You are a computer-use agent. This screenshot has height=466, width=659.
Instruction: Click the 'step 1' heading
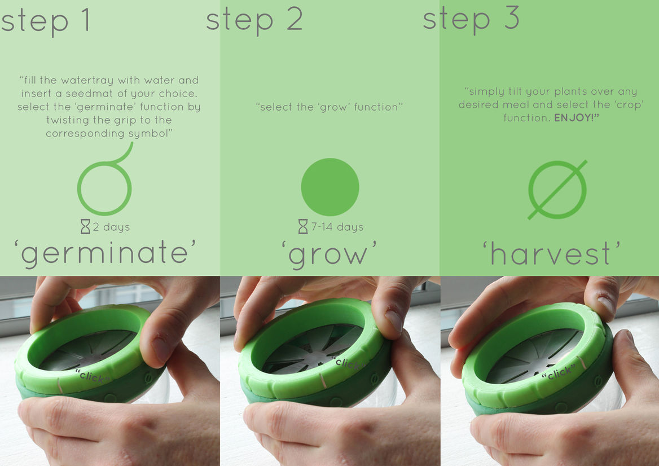coord(45,21)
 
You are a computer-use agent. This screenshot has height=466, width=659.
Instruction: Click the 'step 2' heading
coord(254,20)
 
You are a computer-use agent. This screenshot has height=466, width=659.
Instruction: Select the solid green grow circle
coord(330,187)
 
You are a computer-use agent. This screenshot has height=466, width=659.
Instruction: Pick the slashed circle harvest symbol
coord(557,190)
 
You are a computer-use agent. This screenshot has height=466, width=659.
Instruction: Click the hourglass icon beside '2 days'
coord(85,226)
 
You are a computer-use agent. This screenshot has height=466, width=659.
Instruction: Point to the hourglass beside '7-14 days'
coord(303,226)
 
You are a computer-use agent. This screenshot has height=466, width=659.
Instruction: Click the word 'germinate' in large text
coord(104,253)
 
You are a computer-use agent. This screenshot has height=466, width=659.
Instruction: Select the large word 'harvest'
coord(551,253)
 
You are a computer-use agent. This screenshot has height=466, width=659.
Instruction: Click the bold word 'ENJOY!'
coord(577,118)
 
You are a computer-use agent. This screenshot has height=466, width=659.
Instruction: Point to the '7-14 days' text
coord(337,227)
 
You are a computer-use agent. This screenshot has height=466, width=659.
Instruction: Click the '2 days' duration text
coord(111,227)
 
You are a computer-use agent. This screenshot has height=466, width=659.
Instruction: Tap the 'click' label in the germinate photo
coord(93,376)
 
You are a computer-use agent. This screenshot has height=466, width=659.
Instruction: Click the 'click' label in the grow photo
coord(348,362)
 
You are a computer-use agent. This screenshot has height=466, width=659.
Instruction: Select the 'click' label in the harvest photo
coord(559,372)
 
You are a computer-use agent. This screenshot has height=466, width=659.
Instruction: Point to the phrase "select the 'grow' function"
coord(329,107)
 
